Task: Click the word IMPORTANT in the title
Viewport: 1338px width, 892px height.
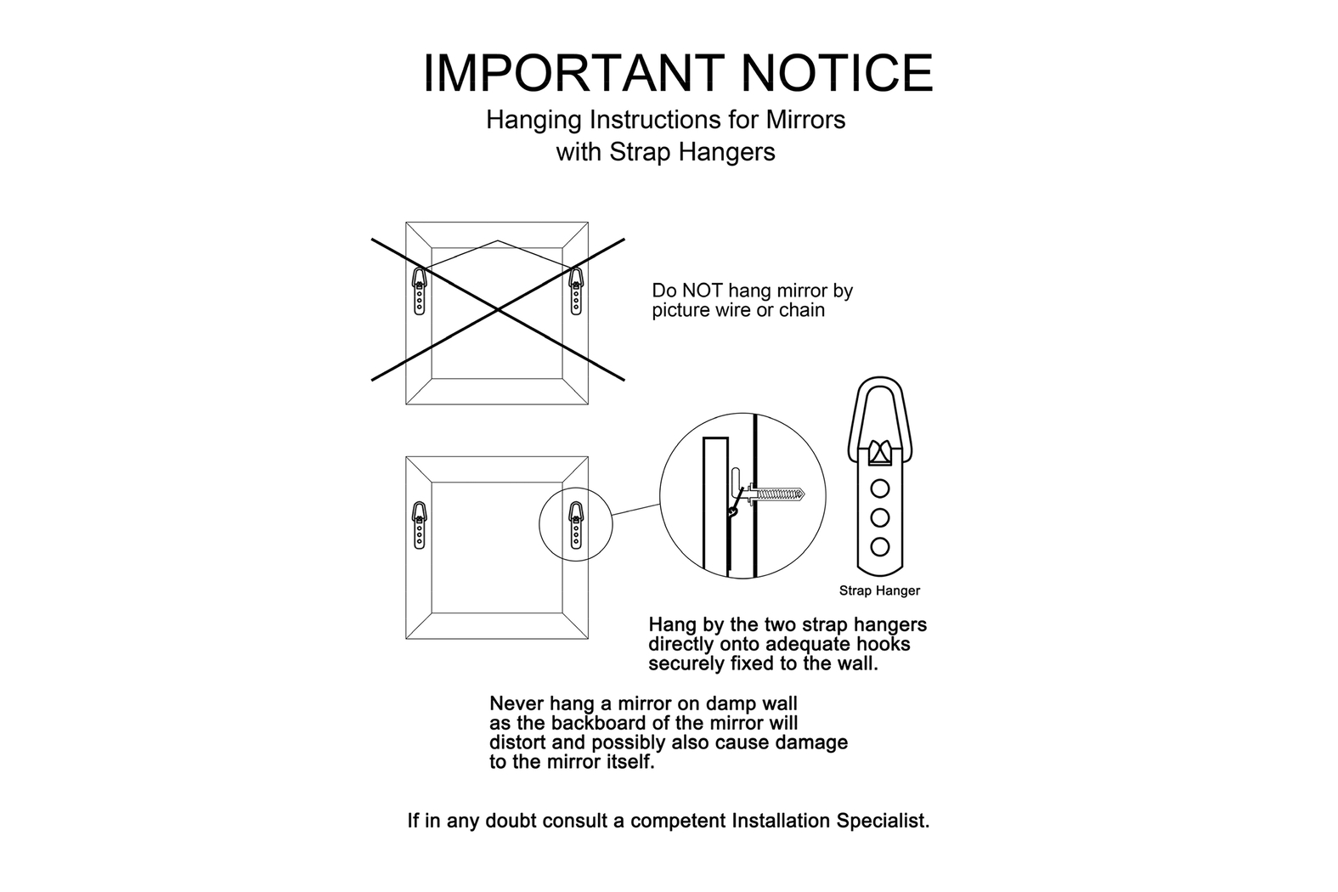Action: [573, 73]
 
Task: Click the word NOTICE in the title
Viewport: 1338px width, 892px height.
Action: [837, 73]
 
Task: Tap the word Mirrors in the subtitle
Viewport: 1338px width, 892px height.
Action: [806, 120]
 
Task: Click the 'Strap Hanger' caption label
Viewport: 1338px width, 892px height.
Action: [879, 591]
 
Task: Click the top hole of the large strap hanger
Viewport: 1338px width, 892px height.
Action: [880, 488]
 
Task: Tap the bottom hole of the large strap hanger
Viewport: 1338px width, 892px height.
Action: [880, 546]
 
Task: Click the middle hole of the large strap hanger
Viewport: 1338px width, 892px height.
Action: [880, 517]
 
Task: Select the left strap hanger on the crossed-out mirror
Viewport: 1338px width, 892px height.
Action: [420, 291]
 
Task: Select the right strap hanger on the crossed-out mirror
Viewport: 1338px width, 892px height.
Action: [576, 291]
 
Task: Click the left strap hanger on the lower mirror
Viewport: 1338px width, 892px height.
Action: [420, 525]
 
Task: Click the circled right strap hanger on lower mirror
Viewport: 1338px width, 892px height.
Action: [576, 525]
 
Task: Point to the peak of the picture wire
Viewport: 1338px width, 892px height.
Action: [498, 240]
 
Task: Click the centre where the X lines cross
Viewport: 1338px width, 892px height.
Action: [498, 309]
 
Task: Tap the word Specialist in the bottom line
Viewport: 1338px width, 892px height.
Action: [883, 821]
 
